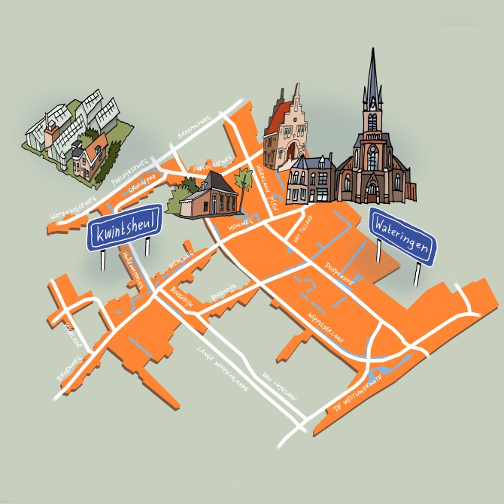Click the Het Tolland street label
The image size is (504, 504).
pos(302,230)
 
